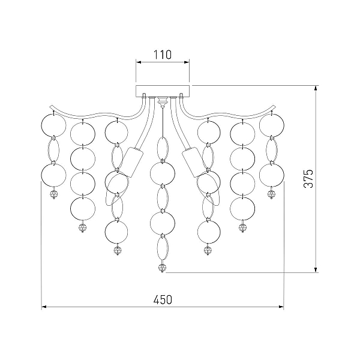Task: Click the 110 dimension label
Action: pyautogui.click(x=163, y=55)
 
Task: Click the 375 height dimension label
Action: pyautogui.click(x=308, y=179)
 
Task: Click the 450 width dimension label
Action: pyautogui.click(x=163, y=299)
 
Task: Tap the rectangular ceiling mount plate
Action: pyautogui.click(x=163, y=91)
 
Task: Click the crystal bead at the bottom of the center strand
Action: pyautogui.click(x=163, y=268)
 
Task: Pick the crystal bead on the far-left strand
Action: pyautogui.click(x=54, y=194)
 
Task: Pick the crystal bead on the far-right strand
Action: pyautogui.click(x=271, y=194)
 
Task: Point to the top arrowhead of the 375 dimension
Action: pyautogui.click(x=316, y=88)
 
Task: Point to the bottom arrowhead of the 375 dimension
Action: pyautogui.click(x=316, y=270)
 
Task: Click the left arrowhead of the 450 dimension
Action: pyautogui.click(x=44, y=307)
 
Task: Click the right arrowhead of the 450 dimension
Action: pyautogui.click(x=281, y=307)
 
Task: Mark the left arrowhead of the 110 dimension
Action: pyautogui.click(x=139, y=62)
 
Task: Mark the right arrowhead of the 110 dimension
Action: pyautogui.click(x=187, y=62)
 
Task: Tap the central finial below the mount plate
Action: pyautogui.click(x=163, y=102)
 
